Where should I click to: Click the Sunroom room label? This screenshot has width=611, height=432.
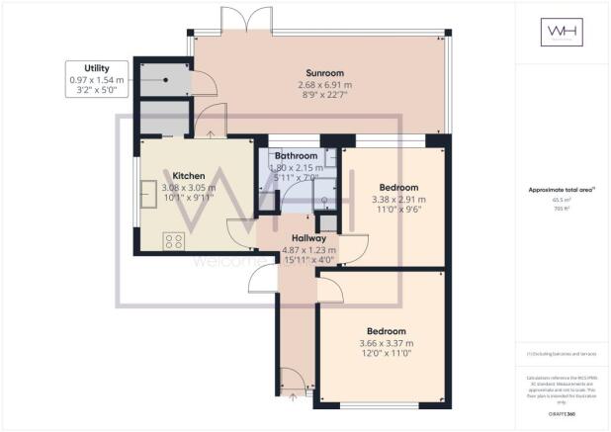319,72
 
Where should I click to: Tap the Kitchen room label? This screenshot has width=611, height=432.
188,175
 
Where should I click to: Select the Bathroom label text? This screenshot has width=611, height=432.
297,156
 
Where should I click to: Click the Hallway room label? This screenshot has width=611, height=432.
309,238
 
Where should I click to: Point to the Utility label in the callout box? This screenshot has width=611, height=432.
83,66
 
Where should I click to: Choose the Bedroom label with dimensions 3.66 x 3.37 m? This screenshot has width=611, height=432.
387,330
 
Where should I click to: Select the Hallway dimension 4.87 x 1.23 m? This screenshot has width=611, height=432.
309,250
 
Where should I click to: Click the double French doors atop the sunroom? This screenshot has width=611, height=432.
244,18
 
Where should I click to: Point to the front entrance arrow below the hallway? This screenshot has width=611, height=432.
293,397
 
